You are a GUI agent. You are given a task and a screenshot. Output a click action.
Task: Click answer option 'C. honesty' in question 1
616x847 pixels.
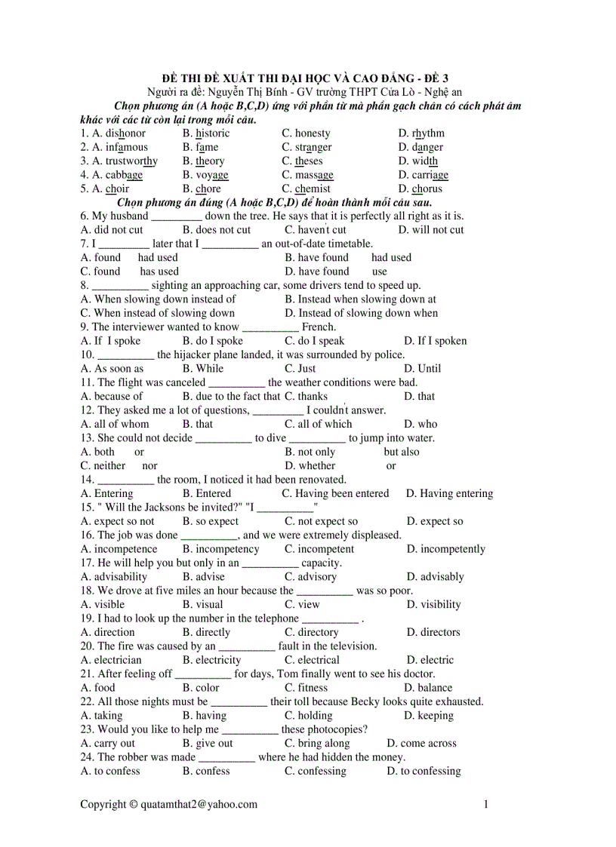click(306, 133)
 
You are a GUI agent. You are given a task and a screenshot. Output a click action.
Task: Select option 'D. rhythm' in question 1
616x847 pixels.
click(421, 133)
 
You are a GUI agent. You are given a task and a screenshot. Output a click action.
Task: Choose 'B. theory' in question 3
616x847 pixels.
click(203, 161)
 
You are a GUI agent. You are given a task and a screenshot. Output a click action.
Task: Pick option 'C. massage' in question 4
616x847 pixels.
click(307, 175)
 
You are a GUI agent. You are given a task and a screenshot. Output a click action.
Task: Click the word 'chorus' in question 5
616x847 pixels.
click(427, 189)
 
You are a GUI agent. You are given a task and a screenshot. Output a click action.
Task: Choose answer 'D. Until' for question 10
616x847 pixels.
click(422, 369)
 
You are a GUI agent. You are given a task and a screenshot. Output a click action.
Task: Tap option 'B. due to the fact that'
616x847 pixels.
click(231, 396)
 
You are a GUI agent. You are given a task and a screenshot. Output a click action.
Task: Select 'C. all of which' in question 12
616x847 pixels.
click(318, 424)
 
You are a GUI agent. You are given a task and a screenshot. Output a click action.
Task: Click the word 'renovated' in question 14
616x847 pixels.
click(322, 480)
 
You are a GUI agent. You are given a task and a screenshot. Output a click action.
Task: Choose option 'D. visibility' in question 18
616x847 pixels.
click(433, 604)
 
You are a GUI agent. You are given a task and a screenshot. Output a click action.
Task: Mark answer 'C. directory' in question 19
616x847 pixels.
click(311, 632)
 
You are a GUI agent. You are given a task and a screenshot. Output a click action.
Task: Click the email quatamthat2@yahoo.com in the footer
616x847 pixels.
click(199, 805)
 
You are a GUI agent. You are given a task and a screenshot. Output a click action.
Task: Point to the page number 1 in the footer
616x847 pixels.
click(486, 805)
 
